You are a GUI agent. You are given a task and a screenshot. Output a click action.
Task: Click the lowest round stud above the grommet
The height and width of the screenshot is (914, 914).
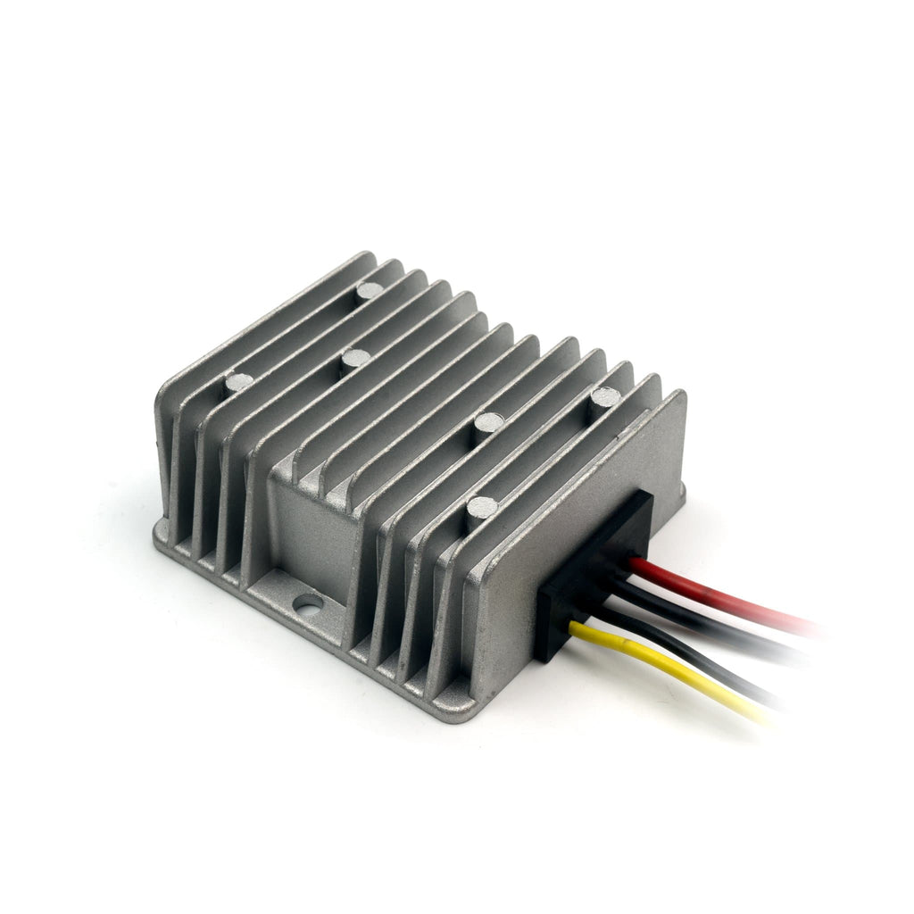(482, 508)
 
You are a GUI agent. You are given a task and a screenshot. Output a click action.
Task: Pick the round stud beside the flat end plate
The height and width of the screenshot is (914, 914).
(604, 396)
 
